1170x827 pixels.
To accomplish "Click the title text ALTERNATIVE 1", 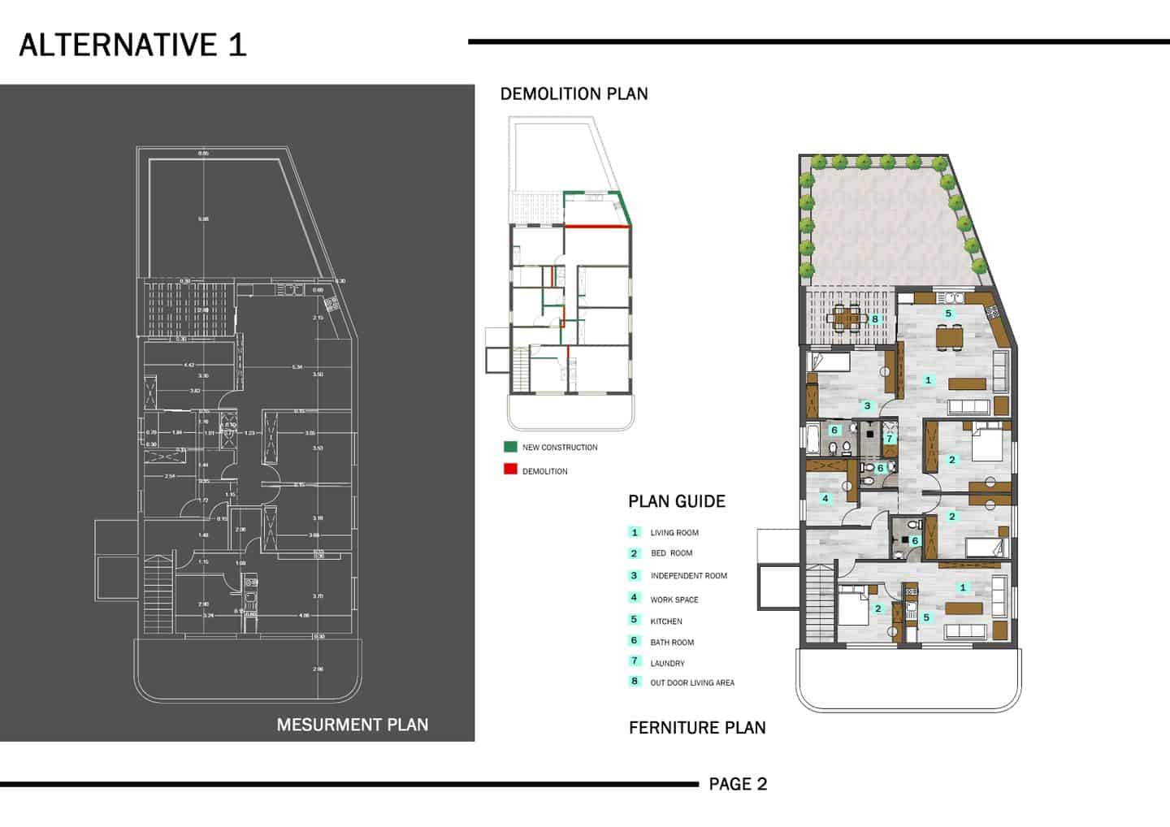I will tap(132, 45).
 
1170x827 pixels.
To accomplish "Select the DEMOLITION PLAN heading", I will tap(574, 94).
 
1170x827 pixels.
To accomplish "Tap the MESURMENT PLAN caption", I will tap(352, 725).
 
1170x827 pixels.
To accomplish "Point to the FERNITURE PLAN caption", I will tap(697, 728).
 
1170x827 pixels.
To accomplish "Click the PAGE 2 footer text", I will tap(738, 784).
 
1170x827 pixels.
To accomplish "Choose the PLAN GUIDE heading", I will tap(676, 501).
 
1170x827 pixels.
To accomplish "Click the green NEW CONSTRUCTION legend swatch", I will tap(510, 447).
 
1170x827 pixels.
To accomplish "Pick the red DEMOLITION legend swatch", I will tap(510, 470).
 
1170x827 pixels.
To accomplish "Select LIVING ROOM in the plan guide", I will tap(674, 533).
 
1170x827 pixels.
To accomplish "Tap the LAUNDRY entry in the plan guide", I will tap(667, 664).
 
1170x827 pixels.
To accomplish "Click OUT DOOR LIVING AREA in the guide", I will tap(691, 683).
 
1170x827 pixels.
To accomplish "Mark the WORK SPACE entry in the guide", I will tap(674, 600).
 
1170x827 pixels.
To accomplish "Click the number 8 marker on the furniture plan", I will tap(875, 319).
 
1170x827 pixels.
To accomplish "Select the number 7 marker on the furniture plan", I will tap(889, 439).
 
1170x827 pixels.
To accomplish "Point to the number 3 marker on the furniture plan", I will tap(867, 405).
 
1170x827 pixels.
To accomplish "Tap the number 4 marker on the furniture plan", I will tap(825, 498).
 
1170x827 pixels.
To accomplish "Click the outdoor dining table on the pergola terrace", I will tap(847, 318).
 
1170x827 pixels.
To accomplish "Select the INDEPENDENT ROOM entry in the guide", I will tap(688, 576).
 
